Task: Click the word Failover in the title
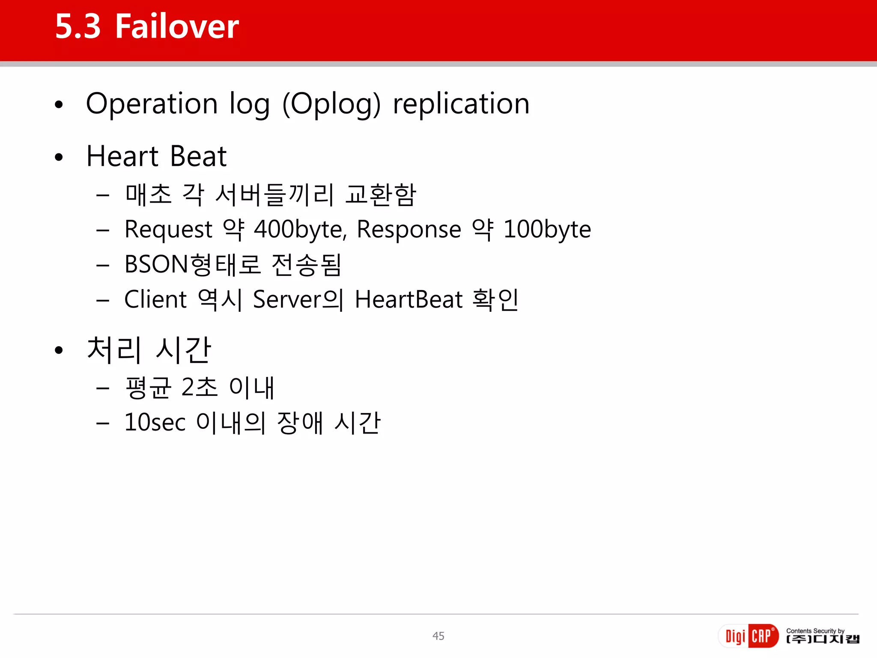click(x=177, y=27)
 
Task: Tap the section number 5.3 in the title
click(x=78, y=27)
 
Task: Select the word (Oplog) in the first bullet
click(x=331, y=104)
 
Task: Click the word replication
click(x=461, y=104)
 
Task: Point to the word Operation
click(x=152, y=104)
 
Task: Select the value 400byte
click(x=300, y=230)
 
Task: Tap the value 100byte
click(x=547, y=230)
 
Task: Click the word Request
click(x=168, y=230)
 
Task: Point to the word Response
click(x=409, y=230)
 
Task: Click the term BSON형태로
click(x=193, y=264)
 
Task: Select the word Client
click(x=155, y=299)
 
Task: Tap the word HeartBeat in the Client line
click(x=409, y=299)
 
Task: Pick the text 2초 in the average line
click(x=200, y=387)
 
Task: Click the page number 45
click(x=438, y=636)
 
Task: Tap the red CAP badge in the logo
click(x=763, y=636)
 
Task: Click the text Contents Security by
click(x=815, y=631)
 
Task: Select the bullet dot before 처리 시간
click(x=59, y=350)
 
